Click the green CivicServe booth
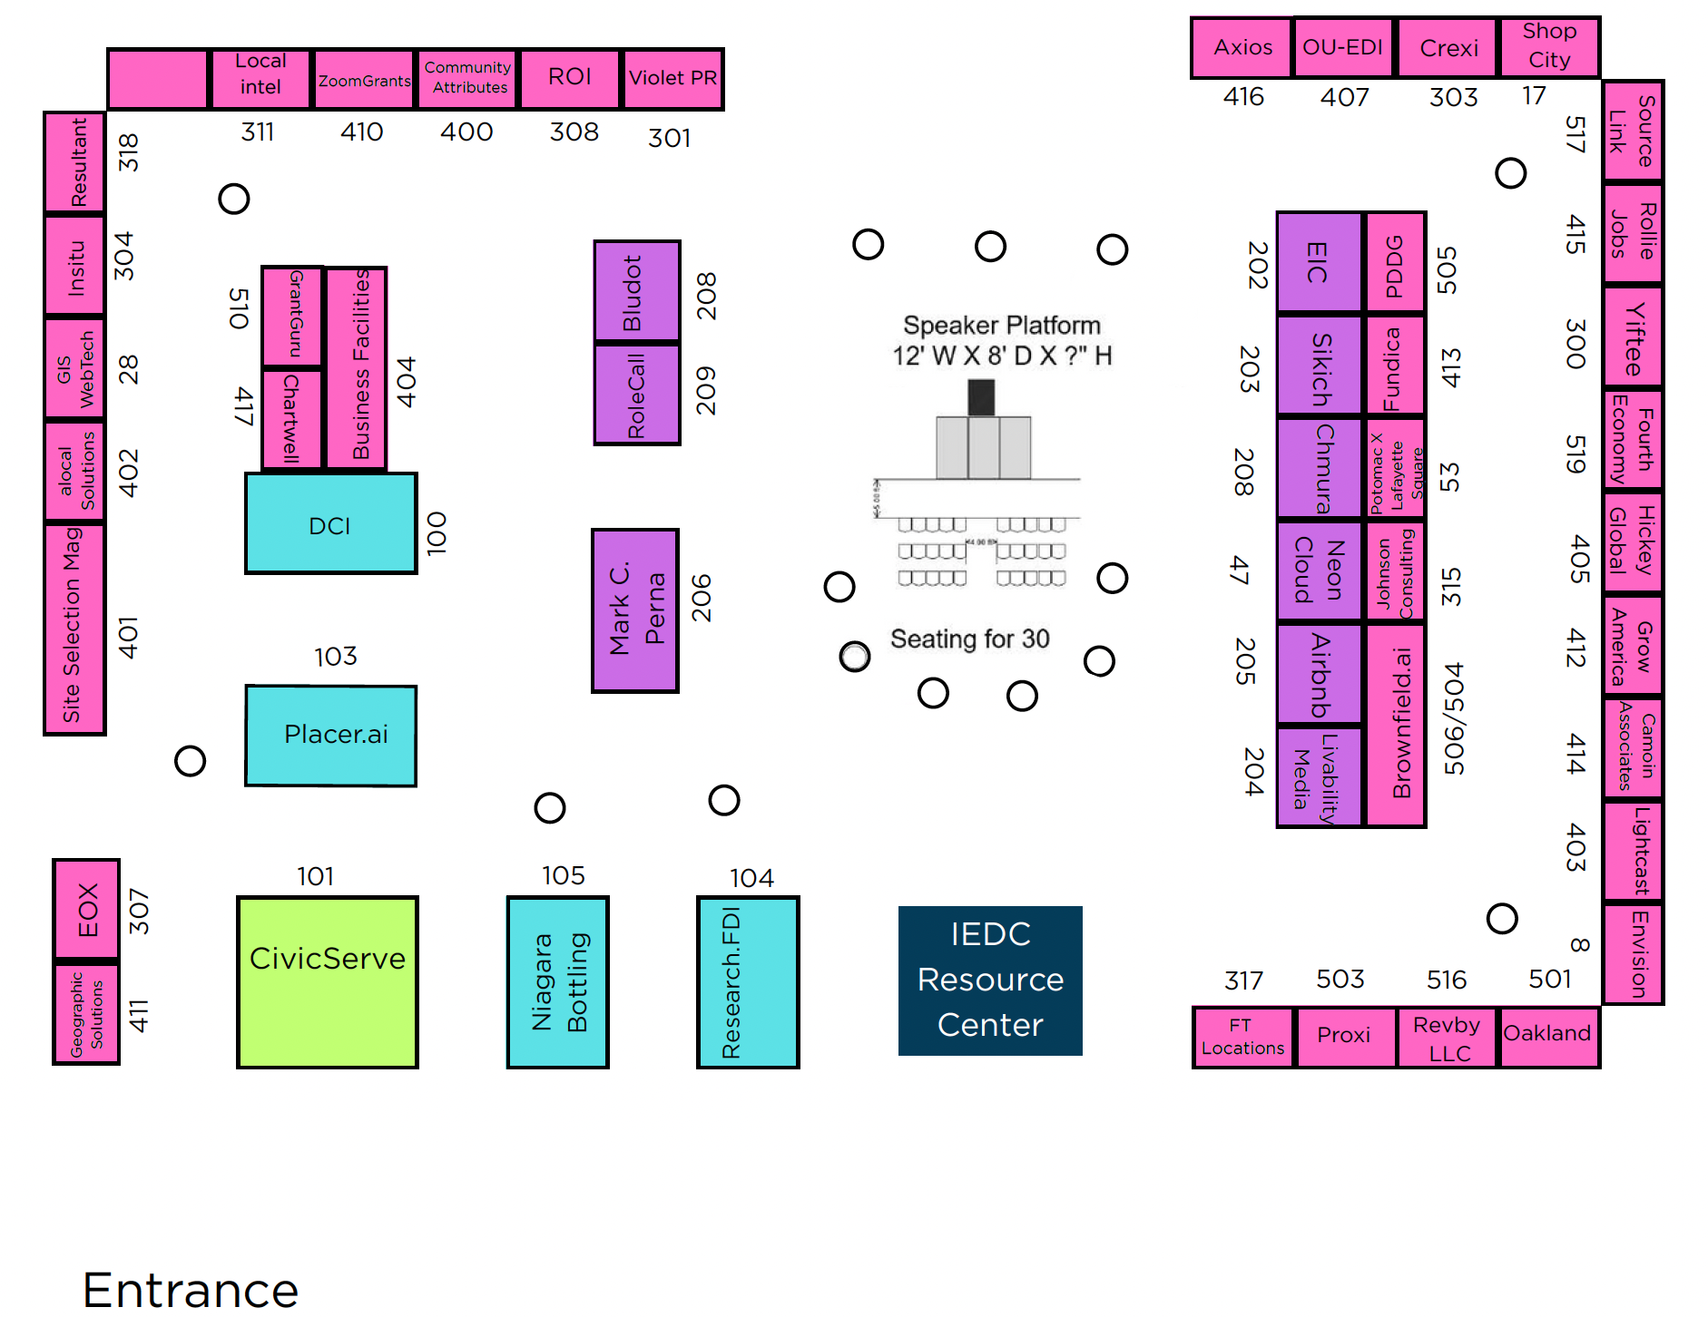[x=327, y=981]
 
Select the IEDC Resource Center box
[x=989, y=980]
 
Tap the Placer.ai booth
[x=331, y=735]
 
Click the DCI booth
[x=330, y=524]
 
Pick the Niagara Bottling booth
[x=557, y=981]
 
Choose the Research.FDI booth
[x=747, y=981]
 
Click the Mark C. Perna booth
[x=635, y=610]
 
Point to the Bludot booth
[x=636, y=291]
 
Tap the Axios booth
[x=1242, y=47]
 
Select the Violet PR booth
[x=672, y=78]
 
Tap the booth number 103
[x=336, y=656]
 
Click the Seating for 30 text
[x=969, y=639]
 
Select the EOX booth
[x=86, y=909]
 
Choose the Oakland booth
[x=1547, y=1035]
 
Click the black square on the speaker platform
[x=980, y=397]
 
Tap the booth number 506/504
[x=1454, y=718]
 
